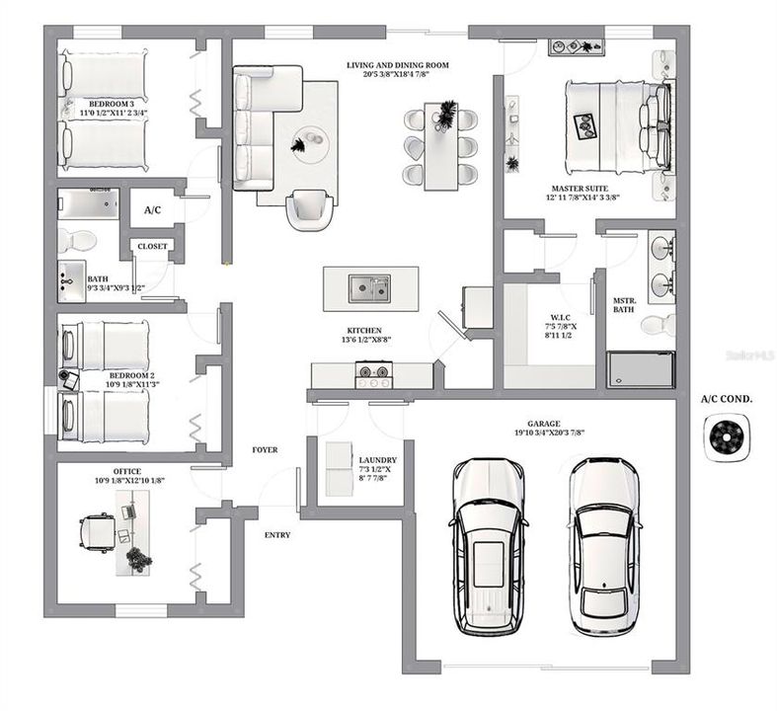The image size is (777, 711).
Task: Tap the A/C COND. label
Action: pos(727,399)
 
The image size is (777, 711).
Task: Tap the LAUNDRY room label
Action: pos(377,459)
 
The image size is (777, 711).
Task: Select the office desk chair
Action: pos(96,532)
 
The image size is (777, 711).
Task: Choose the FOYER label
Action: pos(264,449)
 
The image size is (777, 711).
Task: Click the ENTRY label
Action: pos(277,534)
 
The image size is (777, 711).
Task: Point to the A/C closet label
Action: pos(153,210)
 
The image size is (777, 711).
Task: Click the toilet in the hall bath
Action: pos(77,241)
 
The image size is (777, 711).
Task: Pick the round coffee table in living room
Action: pos(307,145)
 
